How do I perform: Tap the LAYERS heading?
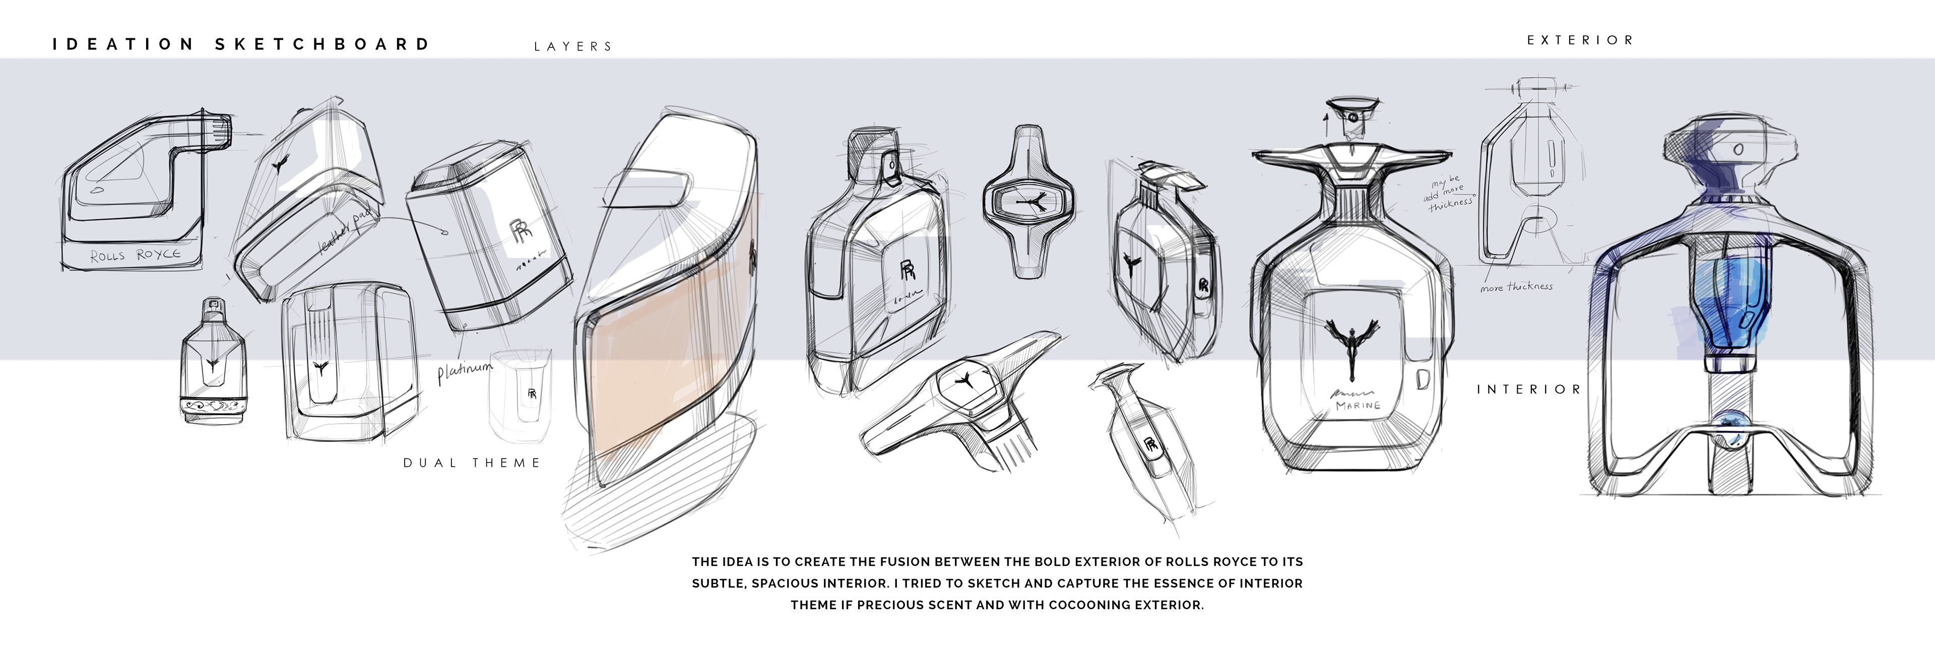(573, 46)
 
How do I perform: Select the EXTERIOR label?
(1580, 40)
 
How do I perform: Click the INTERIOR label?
(1529, 390)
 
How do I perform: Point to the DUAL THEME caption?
(472, 463)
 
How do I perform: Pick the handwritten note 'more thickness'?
(1516, 287)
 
